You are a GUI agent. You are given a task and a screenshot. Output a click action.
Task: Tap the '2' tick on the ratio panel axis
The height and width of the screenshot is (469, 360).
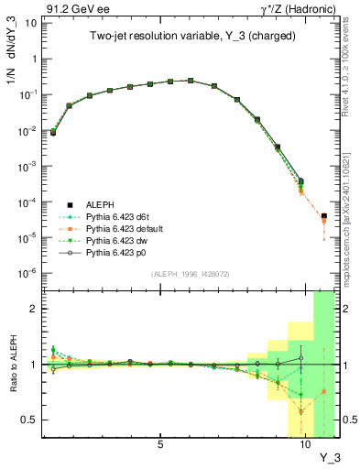click(34, 309)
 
